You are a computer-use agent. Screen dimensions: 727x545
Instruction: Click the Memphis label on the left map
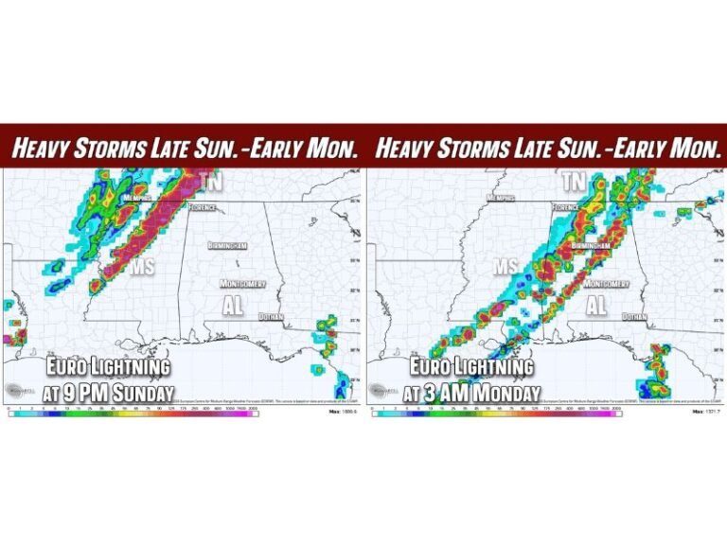click(138, 199)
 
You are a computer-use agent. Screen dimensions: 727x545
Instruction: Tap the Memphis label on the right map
click(501, 199)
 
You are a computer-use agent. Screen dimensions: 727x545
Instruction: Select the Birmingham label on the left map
click(228, 245)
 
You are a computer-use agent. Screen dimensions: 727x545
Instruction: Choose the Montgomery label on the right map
click(607, 284)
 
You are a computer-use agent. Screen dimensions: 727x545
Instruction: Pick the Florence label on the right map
click(566, 206)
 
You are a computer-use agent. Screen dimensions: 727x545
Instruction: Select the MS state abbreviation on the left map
click(142, 269)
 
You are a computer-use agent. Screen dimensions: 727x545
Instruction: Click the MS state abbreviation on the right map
click(505, 268)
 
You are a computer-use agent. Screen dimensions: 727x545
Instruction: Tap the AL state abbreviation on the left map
click(233, 307)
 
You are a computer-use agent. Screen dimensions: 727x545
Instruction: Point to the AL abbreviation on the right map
click(595, 307)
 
